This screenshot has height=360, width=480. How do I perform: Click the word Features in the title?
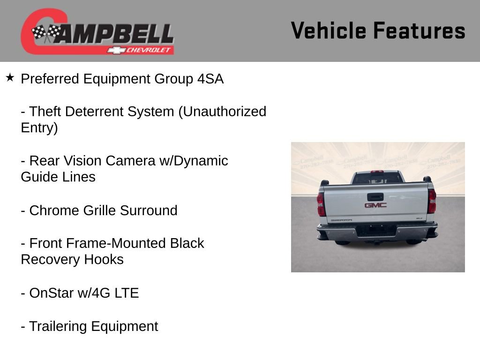tap(419, 30)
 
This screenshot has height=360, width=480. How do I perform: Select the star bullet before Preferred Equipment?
tap(10, 77)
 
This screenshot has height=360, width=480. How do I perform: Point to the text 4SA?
tap(210, 79)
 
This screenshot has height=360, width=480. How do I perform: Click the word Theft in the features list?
tap(45, 112)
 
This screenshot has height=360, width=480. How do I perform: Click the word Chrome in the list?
tap(54, 210)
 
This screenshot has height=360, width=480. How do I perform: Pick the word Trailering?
tap(58, 326)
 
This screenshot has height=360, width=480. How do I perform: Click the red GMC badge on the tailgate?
tap(375, 205)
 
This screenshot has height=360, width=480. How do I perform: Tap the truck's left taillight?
tap(321, 204)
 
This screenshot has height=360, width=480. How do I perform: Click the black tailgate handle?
tap(375, 196)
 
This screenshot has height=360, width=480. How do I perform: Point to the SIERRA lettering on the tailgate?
tap(341, 219)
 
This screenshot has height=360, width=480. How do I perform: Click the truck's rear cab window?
tap(377, 178)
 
